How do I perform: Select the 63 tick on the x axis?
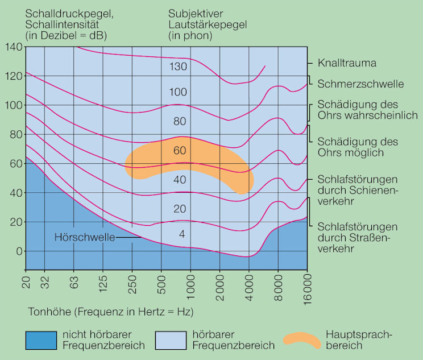73,284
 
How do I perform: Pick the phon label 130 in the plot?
177,67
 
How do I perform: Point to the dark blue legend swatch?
41,340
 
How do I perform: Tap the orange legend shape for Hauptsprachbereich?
301,339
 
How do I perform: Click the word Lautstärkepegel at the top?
209,24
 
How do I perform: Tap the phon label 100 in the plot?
177,92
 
